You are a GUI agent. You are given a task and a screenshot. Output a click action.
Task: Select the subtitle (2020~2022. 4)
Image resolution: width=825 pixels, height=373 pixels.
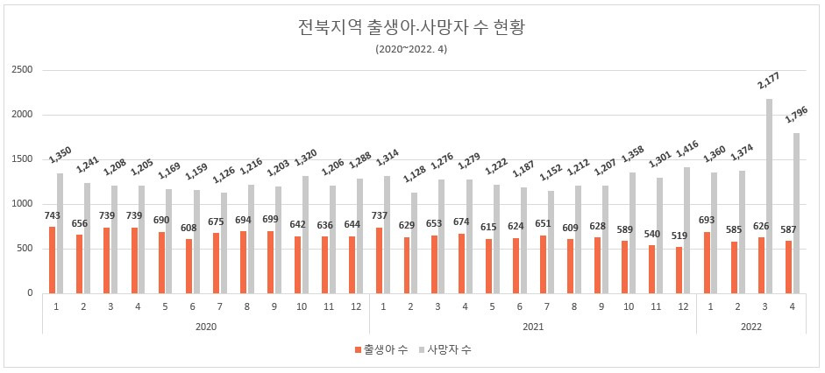pyautogui.click(x=412, y=49)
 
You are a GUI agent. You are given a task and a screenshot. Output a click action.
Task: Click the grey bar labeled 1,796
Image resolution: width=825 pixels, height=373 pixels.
pyautogui.click(x=797, y=213)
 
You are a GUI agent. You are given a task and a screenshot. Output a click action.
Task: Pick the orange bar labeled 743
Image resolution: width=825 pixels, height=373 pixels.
pyautogui.click(x=53, y=260)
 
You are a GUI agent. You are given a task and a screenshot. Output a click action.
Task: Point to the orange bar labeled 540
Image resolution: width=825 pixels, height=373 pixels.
pyautogui.click(x=652, y=269)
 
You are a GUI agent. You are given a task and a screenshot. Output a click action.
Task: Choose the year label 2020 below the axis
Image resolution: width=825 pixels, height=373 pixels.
pyautogui.click(x=206, y=326)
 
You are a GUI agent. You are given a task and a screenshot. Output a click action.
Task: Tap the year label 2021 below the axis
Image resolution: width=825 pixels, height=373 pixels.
pyautogui.click(x=533, y=326)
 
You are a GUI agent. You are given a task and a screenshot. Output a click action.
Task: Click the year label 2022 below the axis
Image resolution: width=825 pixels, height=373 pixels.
pyautogui.click(x=750, y=326)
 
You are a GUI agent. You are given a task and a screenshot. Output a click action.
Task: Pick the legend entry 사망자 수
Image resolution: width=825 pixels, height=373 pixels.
pyautogui.click(x=452, y=349)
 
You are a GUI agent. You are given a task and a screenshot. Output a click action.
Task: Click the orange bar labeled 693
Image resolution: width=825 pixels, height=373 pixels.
pyautogui.click(x=707, y=262)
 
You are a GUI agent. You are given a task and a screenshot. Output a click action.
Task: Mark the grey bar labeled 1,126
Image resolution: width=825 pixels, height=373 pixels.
pyautogui.click(x=224, y=243)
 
